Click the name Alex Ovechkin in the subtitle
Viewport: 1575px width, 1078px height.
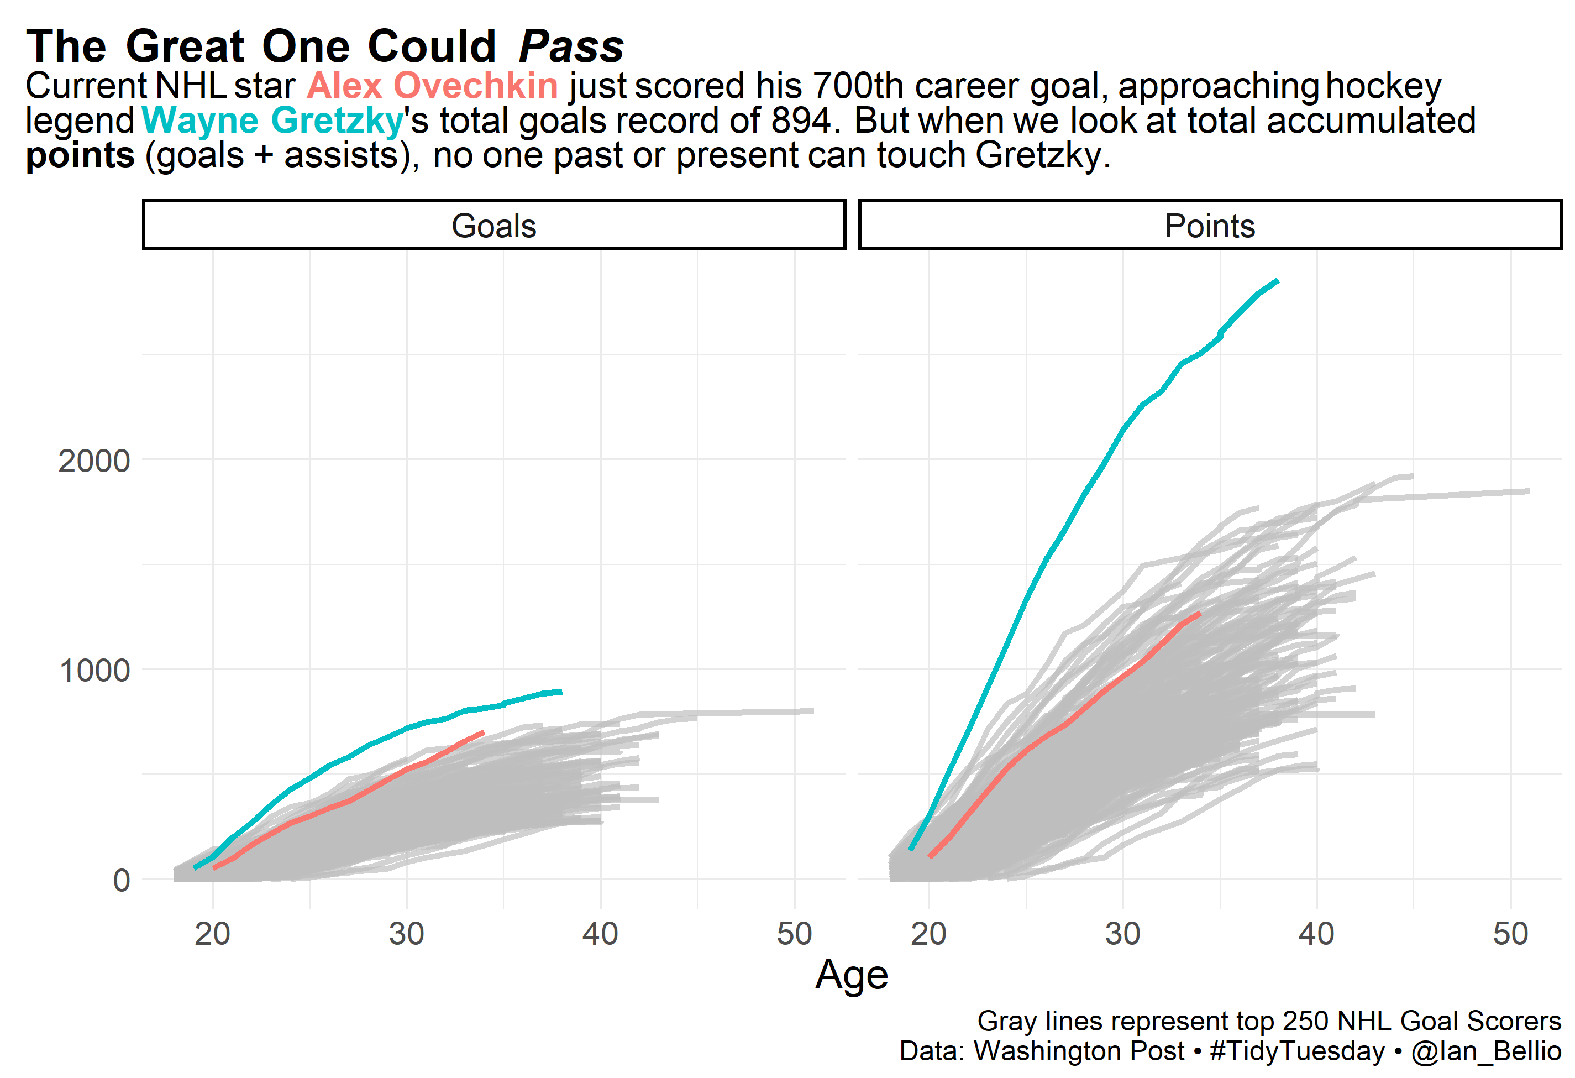(432, 86)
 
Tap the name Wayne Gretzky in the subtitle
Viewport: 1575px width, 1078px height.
(272, 121)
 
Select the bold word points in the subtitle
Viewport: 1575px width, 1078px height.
(80, 155)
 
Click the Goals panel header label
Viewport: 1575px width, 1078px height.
(494, 226)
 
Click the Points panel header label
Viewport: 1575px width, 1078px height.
(1210, 226)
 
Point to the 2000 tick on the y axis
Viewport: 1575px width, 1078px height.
(93, 461)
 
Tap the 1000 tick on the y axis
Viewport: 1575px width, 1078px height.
(94, 671)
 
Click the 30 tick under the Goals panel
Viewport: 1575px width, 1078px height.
(406, 934)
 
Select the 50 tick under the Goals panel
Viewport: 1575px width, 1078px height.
(794, 934)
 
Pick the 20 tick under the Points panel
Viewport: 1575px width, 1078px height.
(928, 934)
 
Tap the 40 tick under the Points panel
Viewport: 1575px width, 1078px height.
(1316, 934)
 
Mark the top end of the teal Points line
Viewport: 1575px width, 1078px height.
(1278, 281)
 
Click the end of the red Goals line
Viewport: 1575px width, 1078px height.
(483, 732)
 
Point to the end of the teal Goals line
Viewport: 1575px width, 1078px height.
(561, 692)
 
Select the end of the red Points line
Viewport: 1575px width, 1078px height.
(1200, 613)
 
